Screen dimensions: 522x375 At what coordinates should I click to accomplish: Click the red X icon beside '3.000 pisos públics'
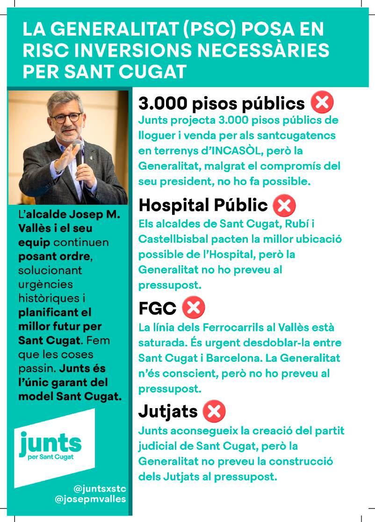pyautogui.click(x=322, y=103)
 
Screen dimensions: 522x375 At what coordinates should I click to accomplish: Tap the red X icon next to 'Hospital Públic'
pyautogui.click(x=284, y=205)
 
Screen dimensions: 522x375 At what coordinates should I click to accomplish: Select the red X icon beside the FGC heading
pyautogui.click(x=193, y=308)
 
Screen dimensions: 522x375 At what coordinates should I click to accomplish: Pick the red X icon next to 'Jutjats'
pyautogui.click(x=214, y=412)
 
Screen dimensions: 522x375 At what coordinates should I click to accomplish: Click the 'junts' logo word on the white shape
pyautogui.click(x=50, y=442)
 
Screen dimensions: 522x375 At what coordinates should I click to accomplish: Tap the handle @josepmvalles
pyautogui.click(x=90, y=500)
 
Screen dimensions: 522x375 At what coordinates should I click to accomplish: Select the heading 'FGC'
pyautogui.click(x=157, y=308)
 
